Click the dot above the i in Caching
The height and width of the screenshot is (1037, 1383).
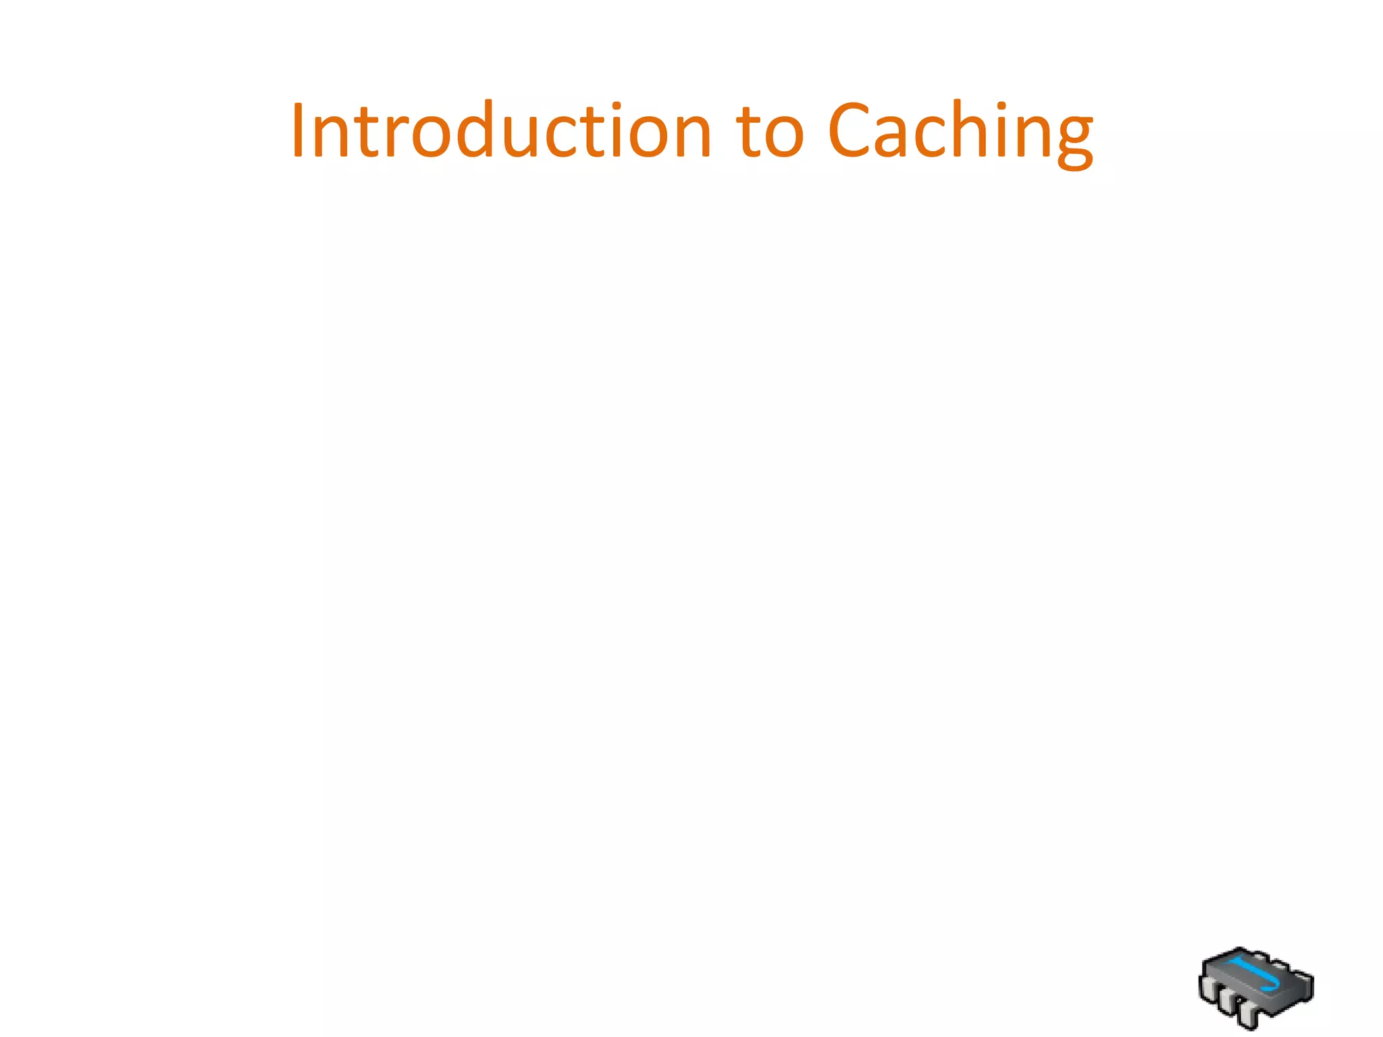pyautogui.click(x=1005, y=106)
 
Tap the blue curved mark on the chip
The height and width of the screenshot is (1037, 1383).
pyautogui.click(x=1255, y=975)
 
